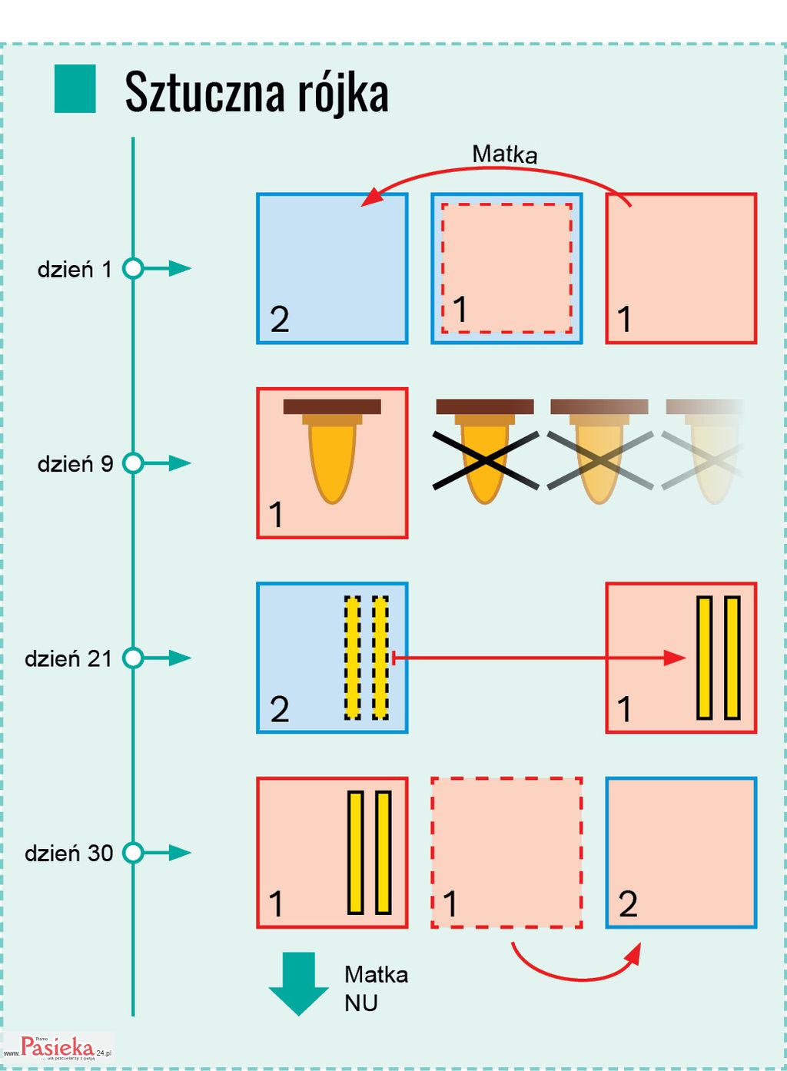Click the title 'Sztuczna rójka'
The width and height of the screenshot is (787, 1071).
[x=256, y=92]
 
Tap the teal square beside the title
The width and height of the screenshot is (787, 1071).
[x=75, y=89]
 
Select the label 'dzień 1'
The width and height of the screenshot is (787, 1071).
[x=75, y=270]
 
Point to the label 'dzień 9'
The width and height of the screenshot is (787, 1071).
[x=75, y=464]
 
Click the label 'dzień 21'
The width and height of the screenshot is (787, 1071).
[x=68, y=659]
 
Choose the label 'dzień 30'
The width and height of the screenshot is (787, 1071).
[x=68, y=854]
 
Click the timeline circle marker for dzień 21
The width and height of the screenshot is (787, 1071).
[x=134, y=658]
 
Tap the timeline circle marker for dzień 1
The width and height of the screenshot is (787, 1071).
[x=134, y=269]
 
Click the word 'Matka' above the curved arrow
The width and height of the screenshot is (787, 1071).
[x=504, y=154]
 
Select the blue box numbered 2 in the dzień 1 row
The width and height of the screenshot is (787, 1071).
[x=332, y=268]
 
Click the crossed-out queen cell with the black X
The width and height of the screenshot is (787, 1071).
[x=485, y=459]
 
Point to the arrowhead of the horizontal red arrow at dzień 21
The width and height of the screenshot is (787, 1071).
[x=676, y=658]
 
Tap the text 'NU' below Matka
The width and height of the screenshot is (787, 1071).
[x=361, y=1003]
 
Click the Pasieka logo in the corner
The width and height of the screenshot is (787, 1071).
[x=58, y=1047]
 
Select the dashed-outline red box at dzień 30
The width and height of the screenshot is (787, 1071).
[x=506, y=853]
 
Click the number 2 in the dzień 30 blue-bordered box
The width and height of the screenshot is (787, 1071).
[x=628, y=904]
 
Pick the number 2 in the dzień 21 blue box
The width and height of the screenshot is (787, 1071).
[x=280, y=709]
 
